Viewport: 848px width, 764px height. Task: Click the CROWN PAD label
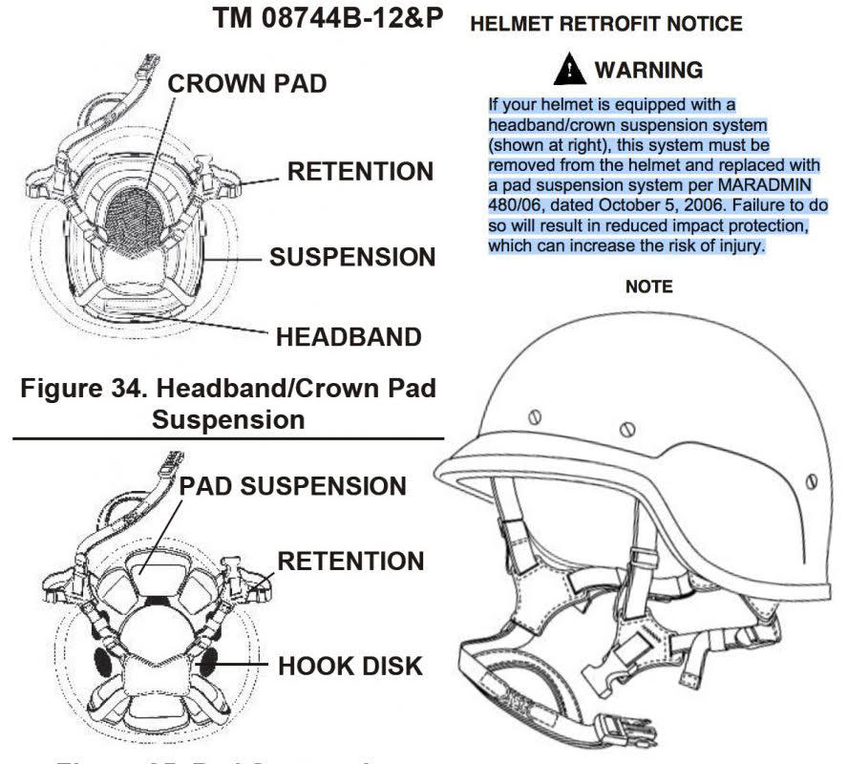(x=246, y=84)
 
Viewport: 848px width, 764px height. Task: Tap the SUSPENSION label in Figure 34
(x=351, y=257)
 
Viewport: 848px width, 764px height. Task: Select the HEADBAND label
(x=349, y=336)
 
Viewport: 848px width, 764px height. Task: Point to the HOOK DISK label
(x=350, y=666)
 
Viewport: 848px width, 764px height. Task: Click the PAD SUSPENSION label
(x=292, y=485)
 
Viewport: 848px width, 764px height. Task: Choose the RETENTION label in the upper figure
(x=361, y=172)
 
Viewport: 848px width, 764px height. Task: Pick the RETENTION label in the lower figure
(x=350, y=561)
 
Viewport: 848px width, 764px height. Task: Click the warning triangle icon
(x=570, y=70)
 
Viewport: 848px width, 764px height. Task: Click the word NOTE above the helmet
(x=648, y=286)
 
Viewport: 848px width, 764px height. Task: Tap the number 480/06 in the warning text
(x=516, y=205)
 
